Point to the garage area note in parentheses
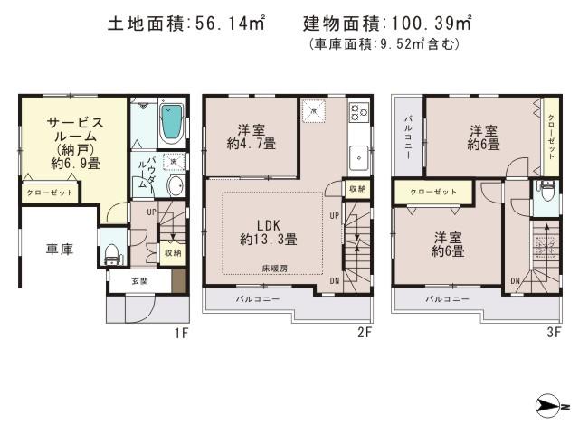point(384,44)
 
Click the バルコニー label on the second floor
point(258,297)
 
